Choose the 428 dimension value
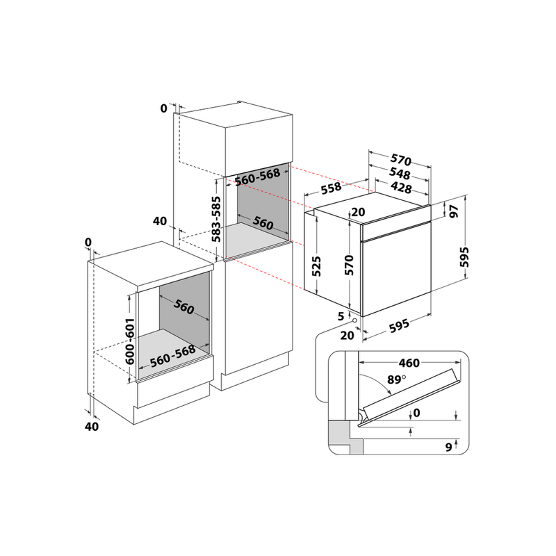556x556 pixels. [x=401, y=188]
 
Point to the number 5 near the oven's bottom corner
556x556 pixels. [x=341, y=316]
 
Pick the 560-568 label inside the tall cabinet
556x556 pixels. [x=257, y=179]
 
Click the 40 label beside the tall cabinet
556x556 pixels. [x=159, y=222]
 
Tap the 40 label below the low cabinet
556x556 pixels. [x=91, y=426]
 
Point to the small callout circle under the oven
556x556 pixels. [x=356, y=321]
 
